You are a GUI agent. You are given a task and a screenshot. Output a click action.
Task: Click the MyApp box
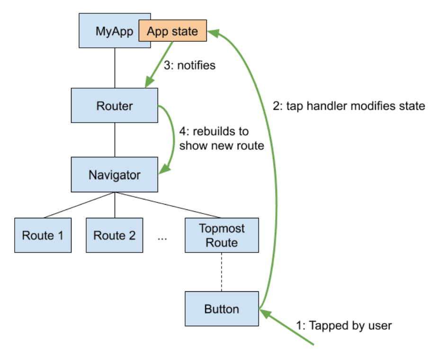click(108, 30)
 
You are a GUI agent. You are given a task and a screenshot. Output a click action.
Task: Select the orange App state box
click(173, 31)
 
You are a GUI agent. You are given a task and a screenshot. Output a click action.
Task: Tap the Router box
click(115, 106)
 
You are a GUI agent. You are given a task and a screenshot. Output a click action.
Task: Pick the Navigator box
click(115, 175)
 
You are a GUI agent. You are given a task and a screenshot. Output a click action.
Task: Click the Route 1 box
click(43, 235)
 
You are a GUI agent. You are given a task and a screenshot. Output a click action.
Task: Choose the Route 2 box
click(115, 235)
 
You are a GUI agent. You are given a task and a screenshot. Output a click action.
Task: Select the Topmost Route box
click(222, 235)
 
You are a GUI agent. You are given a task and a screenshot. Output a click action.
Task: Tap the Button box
click(222, 309)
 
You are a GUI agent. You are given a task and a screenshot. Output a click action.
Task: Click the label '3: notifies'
click(190, 65)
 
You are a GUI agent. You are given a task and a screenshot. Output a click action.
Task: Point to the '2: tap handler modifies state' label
click(349, 106)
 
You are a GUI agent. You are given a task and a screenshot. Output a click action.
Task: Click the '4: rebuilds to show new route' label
click(222, 139)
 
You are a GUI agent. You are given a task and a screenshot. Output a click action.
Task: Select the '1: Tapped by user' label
click(344, 325)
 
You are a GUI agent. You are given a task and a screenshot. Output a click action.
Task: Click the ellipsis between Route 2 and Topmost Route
click(162, 238)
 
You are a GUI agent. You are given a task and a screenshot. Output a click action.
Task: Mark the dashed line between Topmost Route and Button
click(222, 272)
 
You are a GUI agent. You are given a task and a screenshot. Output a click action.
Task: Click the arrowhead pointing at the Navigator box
click(165, 169)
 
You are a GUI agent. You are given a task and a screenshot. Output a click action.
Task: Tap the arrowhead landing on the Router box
click(149, 82)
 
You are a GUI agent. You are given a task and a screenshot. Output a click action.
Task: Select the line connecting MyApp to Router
click(115, 68)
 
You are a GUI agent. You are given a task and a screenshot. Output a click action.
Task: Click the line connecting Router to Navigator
click(115, 140)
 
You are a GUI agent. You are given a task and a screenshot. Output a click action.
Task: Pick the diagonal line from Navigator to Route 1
click(80, 205)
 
